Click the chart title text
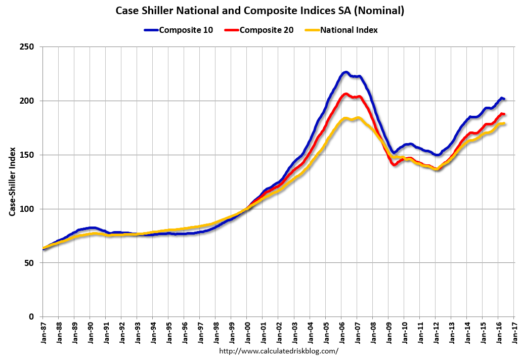pyautogui.click(x=259, y=11)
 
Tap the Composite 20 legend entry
pyautogui.click(x=266, y=30)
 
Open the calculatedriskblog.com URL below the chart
pyautogui.click(x=279, y=350)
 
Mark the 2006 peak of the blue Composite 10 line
pyautogui.click(x=345, y=72)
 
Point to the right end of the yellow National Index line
pyautogui.click(x=504, y=124)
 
